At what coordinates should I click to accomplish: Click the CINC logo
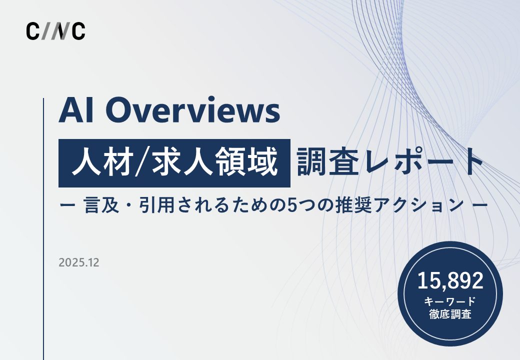click(x=55, y=31)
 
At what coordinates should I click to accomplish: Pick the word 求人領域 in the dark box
click(x=222, y=163)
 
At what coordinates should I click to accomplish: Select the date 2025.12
click(x=78, y=262)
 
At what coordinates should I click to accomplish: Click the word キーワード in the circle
click(x=450, y=301)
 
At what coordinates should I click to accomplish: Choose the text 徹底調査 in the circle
click(x=450, y=315)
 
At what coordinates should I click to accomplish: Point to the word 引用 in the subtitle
click(x=155, y=205)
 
